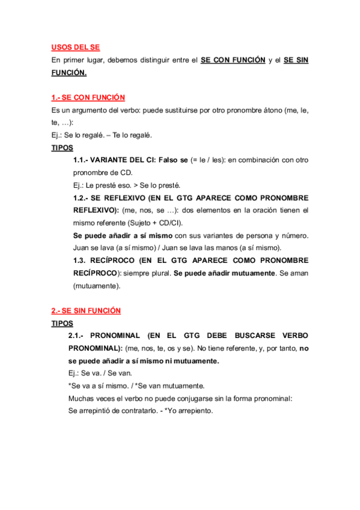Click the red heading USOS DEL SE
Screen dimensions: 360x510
(75, 47)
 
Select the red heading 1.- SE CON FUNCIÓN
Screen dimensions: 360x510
(88, 97)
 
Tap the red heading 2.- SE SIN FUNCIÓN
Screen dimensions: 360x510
(86, 310)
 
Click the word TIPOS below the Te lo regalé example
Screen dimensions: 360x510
(63, 147)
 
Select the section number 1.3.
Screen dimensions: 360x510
(81, 261)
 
